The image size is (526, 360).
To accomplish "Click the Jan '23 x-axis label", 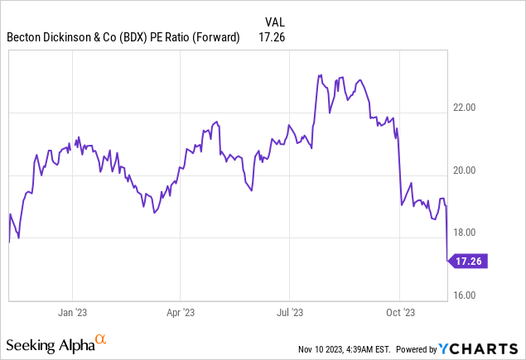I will tap(72, 314).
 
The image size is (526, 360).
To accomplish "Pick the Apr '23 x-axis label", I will tap(181, 314).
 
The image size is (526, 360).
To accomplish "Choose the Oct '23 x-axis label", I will tap(399, 314).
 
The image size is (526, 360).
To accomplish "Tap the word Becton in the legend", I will tap(27, 37).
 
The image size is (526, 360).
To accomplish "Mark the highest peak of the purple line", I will tap(320, 75).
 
